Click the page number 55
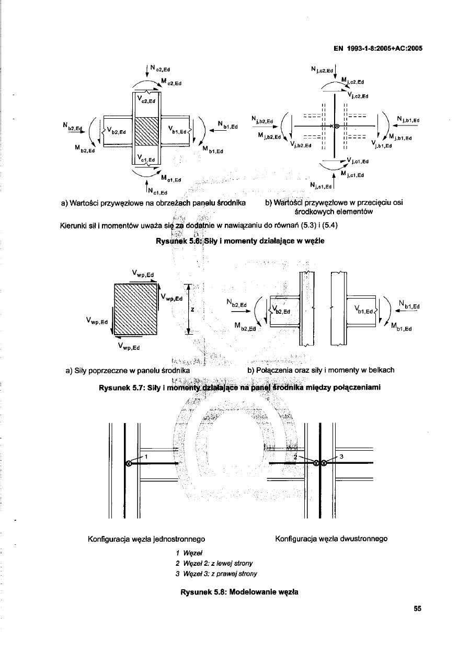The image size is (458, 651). (x=417, y=608)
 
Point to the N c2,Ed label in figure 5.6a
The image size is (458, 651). (x=157, y=67)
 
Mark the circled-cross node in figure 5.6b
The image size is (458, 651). (x=337, y=126)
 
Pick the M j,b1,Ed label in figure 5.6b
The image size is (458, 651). (x=400, y=138)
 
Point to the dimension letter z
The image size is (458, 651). (x=192, y=309)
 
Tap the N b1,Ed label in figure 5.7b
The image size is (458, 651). (x=409, y=306)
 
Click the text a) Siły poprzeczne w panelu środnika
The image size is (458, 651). (x=128, y=371)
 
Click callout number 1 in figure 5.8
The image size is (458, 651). (x=147, y=456)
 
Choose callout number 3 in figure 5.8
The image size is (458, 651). (x=341, y=456)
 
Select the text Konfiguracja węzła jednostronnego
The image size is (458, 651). (x=147, y=539)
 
